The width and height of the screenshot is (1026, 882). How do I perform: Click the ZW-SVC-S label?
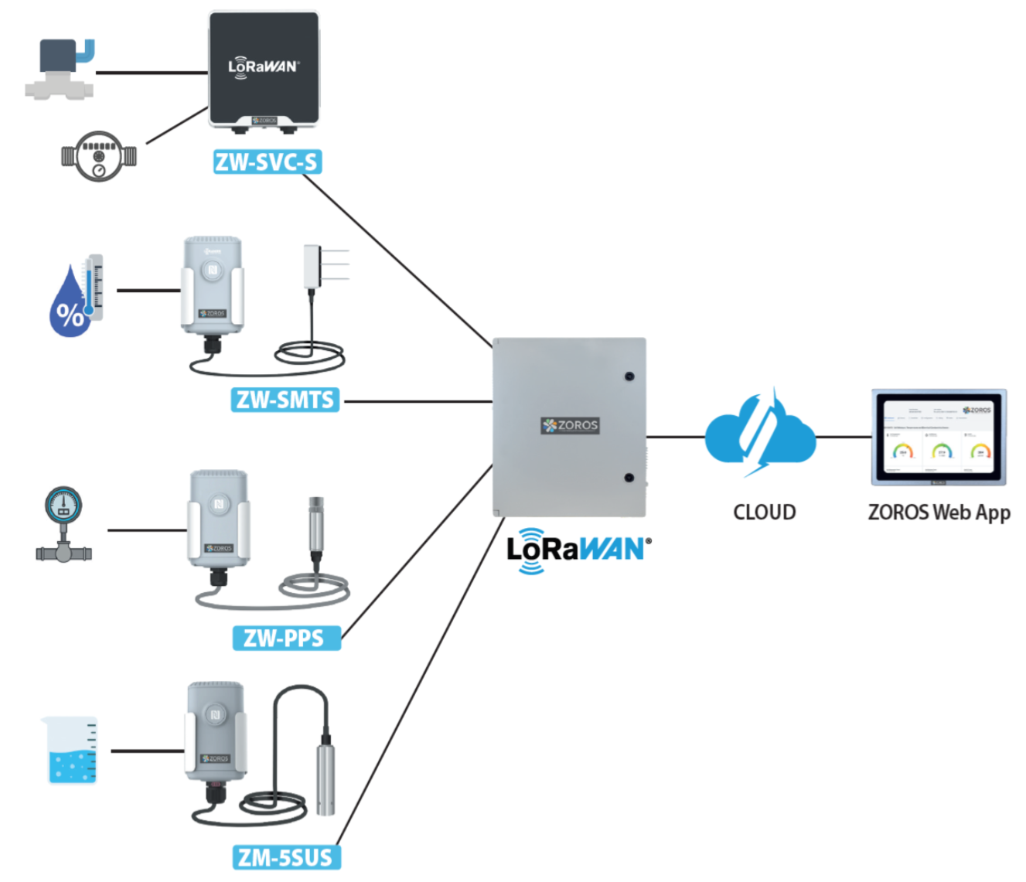click(x=267, y=162)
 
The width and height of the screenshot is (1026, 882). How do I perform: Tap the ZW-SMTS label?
click(x=285, y=400)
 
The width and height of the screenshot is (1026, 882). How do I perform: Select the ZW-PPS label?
click(x=285, y=638)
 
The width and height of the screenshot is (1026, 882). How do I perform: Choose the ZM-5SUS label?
click(x=285, y=857)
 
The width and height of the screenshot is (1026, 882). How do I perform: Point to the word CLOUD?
click(x=764, y=513)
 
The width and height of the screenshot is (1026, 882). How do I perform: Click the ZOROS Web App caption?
click(x=939, y=513)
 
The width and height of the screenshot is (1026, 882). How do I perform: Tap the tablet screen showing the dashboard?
click(x=939, y=438)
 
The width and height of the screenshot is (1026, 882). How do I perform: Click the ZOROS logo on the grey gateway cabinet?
click(x=570, y=425)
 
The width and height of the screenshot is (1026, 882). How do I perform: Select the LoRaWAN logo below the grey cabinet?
click(x=578, y=550)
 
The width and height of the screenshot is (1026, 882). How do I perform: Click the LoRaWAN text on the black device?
click(x=263, y=66)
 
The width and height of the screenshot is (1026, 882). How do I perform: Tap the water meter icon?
click(x=99, y=156)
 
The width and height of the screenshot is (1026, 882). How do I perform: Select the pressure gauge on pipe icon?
click(x=63, y=524)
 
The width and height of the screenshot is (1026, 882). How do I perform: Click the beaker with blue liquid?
click(x=71, y=750)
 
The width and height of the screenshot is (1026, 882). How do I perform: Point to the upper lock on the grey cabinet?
click(x=629, y=376)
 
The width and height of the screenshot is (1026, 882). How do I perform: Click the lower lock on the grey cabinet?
click(x=629, y=478)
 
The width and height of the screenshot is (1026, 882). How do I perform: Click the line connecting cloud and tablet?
click(x=844, y=437)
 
